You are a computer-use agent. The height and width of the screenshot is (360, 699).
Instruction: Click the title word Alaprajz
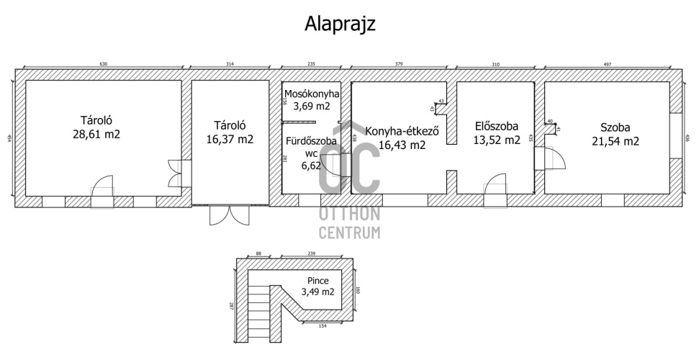click(x=341, y=23)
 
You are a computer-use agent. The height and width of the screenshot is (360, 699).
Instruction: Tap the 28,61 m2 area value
click(x=99, y=134)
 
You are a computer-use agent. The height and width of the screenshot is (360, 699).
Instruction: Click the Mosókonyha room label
click(x=311, y=94)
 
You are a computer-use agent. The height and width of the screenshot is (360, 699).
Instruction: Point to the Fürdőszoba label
click(x=312, y=141)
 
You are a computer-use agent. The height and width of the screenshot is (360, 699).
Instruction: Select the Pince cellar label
click(x=317, y=280)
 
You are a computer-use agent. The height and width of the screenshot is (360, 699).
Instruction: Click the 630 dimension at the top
click(x=103, y=64)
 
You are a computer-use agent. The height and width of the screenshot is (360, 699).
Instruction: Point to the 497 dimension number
click(x=607, y=64)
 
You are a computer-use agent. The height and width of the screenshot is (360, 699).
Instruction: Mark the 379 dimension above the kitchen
click(x=399, y=64)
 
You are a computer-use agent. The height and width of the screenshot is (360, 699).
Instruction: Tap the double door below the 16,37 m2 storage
click(x=222, y=214)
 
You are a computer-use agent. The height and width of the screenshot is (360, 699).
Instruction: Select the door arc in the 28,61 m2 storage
click(x=103, y=187)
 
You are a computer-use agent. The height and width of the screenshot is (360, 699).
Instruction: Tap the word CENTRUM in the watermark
click(x=350, y=233)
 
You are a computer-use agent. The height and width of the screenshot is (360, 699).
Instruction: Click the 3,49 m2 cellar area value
click(x=317, y=292)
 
